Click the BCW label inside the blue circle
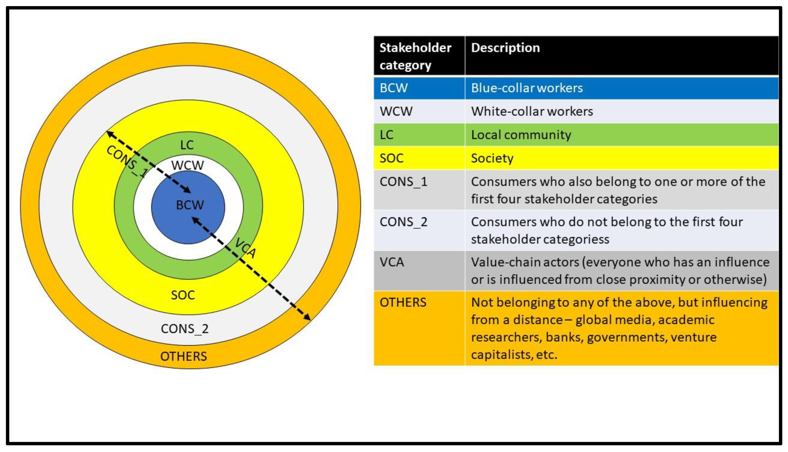190,205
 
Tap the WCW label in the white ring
187,165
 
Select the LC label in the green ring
187,145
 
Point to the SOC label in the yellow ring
183,295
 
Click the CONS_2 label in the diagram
185,329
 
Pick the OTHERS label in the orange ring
184,356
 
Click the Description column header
505,48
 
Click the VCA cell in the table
392,262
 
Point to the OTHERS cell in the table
403,302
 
